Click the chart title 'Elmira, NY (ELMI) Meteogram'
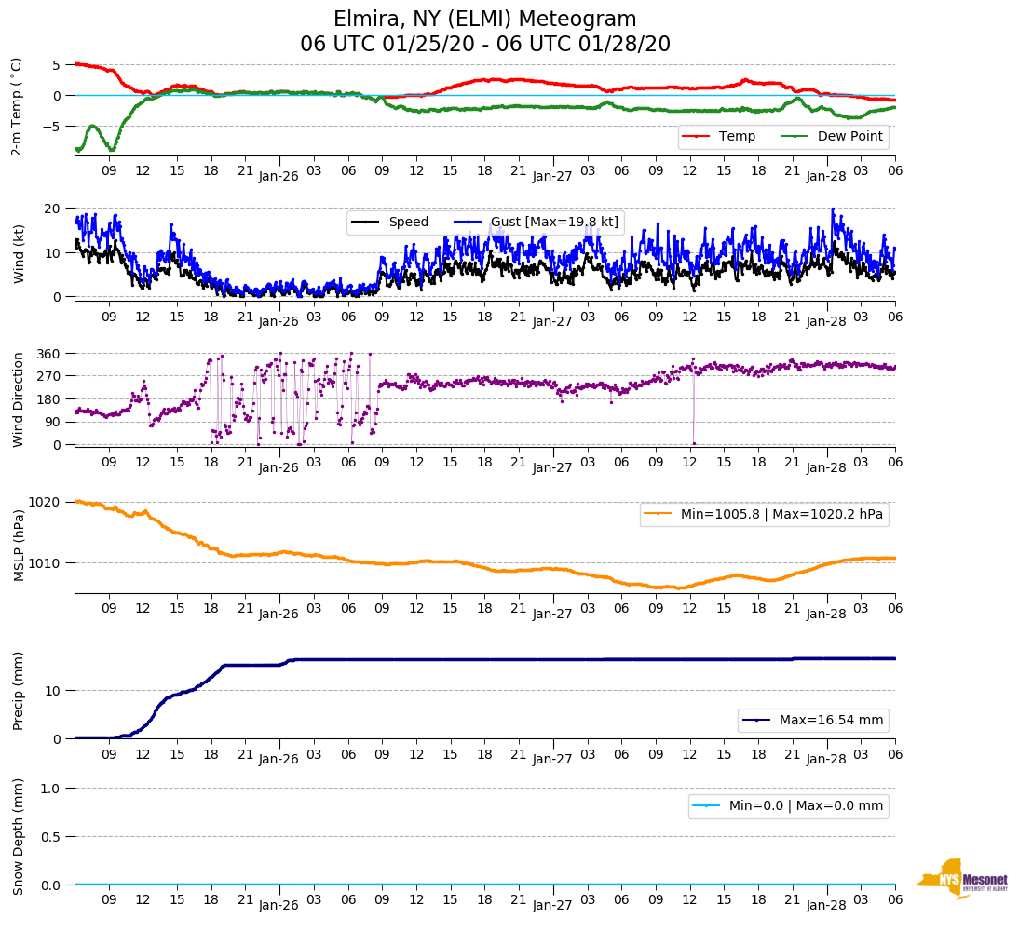[x=484, y=20]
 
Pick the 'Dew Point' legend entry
[x=849, y=136]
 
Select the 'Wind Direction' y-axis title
[x=18, y=398]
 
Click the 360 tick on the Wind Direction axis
[x=49, y=354]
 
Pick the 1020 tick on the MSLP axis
[x=46, y=502]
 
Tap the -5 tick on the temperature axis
[x=54, y=126]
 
